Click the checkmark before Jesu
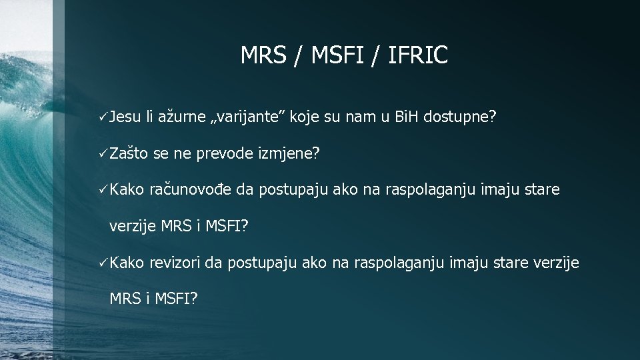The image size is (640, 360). (x=102, y=118)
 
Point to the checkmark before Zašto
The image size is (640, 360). (x=102, y=154)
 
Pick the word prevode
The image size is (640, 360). (x=224, y=154)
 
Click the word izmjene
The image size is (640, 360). (x=288, y=154)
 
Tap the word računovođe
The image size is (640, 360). (x=191, y=191)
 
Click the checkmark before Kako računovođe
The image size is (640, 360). (x=102, y=191)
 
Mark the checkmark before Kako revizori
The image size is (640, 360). (x=102, y=263)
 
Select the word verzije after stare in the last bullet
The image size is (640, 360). (x=557, y=263)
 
